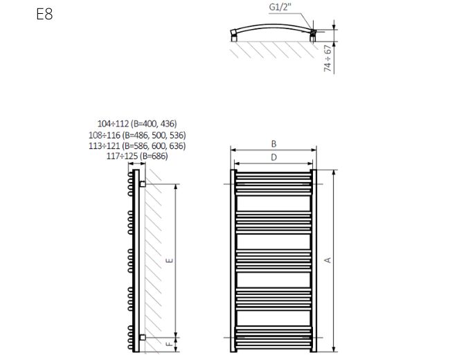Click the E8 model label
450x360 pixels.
[44, 14]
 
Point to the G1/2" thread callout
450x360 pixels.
[280, 7]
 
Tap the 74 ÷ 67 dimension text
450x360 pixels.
[327, 58]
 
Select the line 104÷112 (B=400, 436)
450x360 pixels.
[137, 124]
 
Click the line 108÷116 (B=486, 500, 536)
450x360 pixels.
[137, 135]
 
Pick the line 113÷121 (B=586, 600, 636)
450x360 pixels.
[137, 146]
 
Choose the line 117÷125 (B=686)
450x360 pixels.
[137, 156]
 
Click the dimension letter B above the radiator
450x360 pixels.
[273, 144]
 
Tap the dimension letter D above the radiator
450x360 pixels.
[273, 157]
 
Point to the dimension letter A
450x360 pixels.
[327, 260]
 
